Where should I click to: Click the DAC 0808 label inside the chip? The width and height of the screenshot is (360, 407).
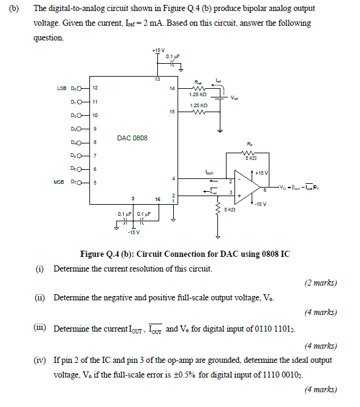click(132, 139)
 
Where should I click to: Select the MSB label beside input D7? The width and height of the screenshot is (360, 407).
click(60, 181)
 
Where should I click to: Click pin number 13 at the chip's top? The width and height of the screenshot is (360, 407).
click(158, 78)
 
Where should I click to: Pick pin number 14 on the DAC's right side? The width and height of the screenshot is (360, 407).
click(172, 89)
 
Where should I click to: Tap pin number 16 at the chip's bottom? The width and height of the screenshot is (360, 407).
click(157, 199)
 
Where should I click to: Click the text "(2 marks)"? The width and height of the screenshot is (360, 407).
click(320, 283)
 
